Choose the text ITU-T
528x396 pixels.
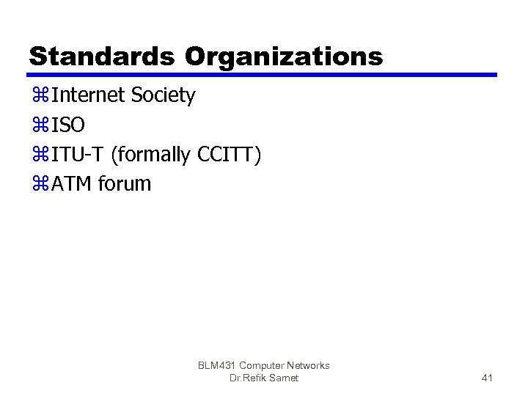(x=78, y=155)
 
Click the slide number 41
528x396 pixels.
(x=487, y=378)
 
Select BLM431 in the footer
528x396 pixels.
(x=216, y=365)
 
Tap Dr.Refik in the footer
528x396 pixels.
(x=246, y=378)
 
